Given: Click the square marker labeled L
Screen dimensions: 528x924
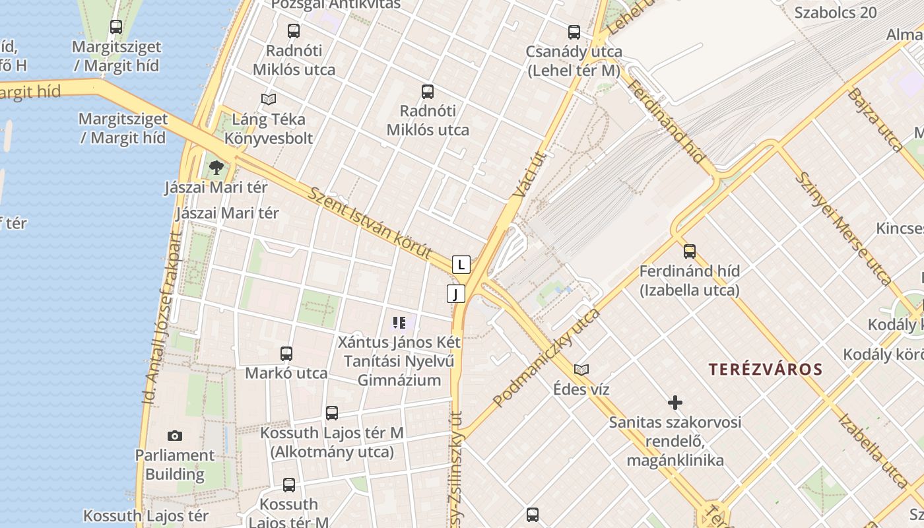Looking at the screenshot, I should point(461,265).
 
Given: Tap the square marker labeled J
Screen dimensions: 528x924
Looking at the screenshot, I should point(455,294).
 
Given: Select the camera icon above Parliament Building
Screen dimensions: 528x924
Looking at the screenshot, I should point(175,436).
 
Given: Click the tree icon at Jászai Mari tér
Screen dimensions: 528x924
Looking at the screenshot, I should point(216,168).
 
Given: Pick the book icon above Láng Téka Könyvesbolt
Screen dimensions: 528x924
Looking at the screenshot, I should point(268,99).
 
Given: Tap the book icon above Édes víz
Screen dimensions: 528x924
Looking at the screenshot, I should point(581,370).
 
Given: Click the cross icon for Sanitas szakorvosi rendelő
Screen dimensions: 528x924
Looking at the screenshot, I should point(675,402).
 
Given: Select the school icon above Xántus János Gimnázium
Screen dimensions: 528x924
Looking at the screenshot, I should point(399,323).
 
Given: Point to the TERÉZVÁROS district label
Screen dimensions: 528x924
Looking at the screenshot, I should point(766,370).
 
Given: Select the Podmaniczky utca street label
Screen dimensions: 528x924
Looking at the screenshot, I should point(546,357).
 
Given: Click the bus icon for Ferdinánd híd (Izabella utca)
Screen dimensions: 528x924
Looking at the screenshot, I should point(690,251).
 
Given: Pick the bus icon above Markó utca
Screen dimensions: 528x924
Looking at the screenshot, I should point(286,353).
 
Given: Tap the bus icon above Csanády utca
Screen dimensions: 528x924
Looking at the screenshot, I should point(574,32).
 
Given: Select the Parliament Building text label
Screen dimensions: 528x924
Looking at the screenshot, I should point(175,465).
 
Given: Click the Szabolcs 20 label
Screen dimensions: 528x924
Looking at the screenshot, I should point(836,13).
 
